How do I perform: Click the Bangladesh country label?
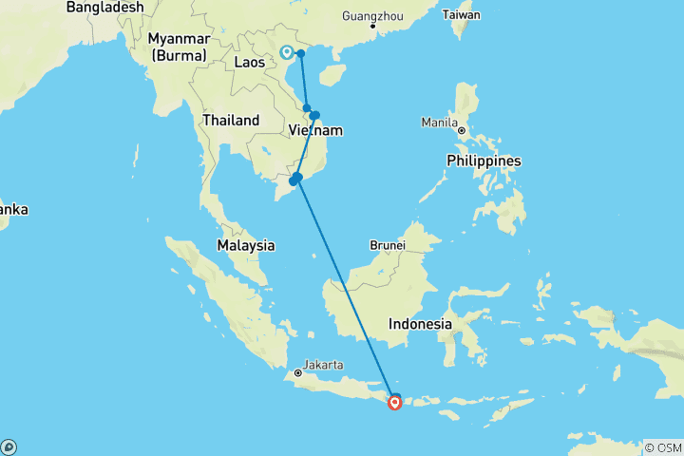point(105,8)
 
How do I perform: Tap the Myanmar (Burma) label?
point(179,47)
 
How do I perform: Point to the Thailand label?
point(230,121)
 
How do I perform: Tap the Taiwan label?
point(462,15)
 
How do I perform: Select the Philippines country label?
point(484,161)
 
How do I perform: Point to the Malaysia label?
point(245,245)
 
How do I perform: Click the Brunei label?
point(388,245)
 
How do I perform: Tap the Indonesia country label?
point(420,324)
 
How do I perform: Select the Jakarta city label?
point(324,363)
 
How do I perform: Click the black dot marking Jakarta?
point(297,373)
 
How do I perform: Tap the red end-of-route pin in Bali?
point(394,403)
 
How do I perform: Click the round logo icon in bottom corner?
point(9,446)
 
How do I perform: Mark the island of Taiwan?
point(465,28)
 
